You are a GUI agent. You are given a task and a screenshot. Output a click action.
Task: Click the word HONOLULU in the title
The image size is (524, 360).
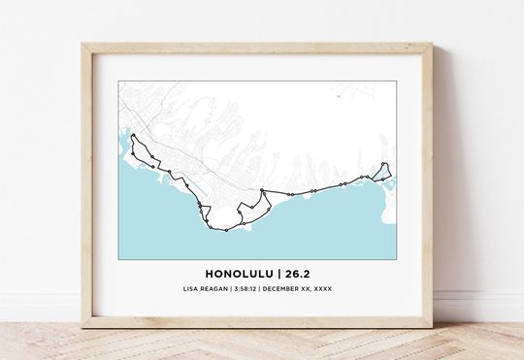point(238,273)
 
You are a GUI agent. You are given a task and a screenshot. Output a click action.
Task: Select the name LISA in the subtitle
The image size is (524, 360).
point(191,289)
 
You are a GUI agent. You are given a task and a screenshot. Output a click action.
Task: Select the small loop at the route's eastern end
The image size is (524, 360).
point(383,171)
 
